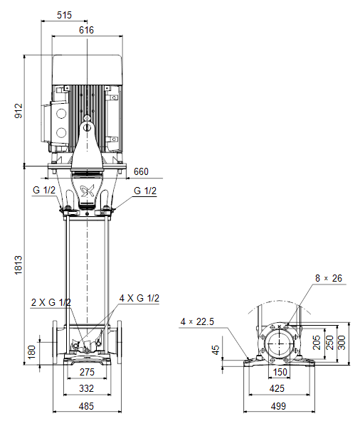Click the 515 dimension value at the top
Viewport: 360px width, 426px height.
point(65,15)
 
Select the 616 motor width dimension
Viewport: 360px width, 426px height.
point(86,30)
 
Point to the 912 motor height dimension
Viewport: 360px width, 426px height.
point(18,110)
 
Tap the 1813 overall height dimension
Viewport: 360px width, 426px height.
point(18,265)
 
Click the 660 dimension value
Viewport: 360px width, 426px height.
point(141,171)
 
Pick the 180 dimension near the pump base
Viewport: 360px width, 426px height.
point(32,352)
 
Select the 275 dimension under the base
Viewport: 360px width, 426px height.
point(87,372)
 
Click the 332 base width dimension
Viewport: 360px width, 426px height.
point(86,388)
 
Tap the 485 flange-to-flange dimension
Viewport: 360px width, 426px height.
point(86,406)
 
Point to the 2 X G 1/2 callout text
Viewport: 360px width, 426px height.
point(51,302)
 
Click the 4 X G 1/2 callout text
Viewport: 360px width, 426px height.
point(139,298)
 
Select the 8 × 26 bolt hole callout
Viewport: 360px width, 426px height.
point(329,278)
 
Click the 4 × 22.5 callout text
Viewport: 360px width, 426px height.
point(197,321)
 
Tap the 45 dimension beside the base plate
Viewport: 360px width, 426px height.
point(216,350)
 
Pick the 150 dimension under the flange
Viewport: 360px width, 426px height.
point(280,372)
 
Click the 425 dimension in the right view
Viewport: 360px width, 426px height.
point(277,388)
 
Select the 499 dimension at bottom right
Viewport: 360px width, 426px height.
point(278,406)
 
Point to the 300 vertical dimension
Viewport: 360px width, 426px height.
point(342,342)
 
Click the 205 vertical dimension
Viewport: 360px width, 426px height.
point(317,342)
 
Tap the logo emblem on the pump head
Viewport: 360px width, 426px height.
point(88,191)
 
